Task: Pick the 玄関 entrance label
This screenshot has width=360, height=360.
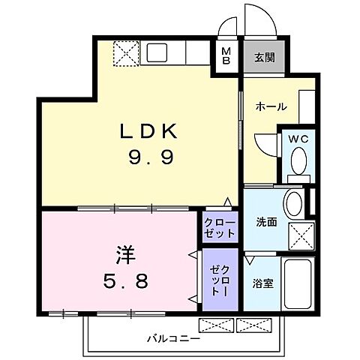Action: pos(262,57)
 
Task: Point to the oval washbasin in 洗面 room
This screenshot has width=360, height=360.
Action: pos(294,202)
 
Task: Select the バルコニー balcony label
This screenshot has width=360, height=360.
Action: pos(173,339)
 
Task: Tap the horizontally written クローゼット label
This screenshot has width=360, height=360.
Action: pos(220,227)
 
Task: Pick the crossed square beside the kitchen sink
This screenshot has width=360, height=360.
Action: pos(123,54)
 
